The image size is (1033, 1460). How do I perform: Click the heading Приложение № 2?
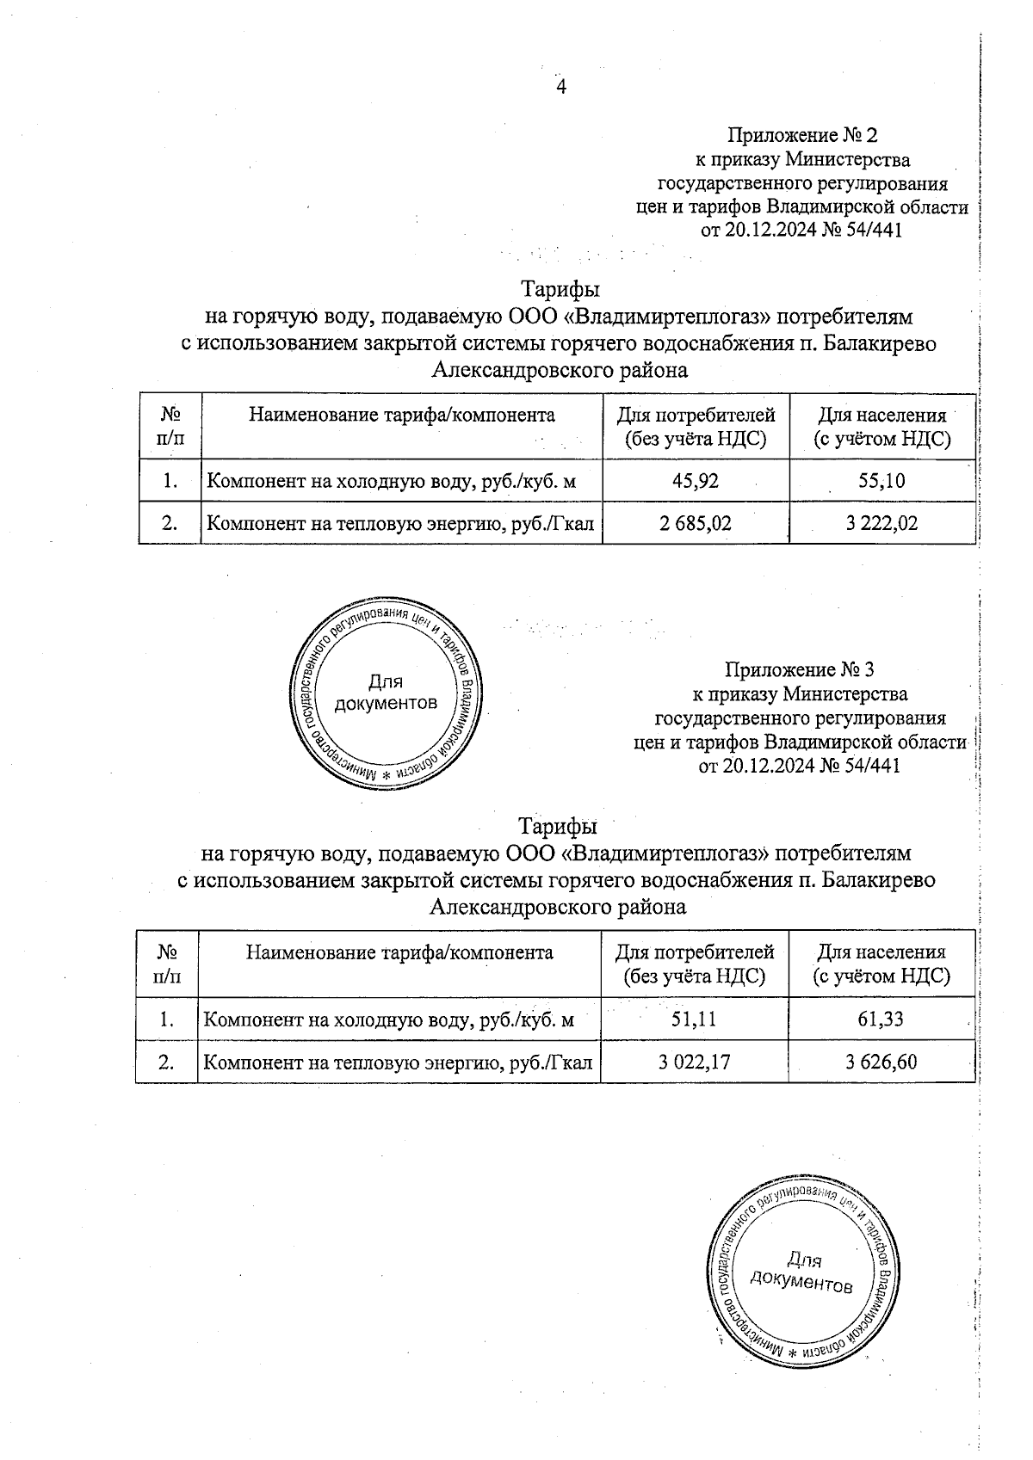click(801, 135)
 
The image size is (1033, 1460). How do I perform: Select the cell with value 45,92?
click(695, 480)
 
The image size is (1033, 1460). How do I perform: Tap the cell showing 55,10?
click(881, 480)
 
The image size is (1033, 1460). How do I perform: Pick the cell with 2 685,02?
click(696, 522)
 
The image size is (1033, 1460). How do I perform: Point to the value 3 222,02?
click(881, 522)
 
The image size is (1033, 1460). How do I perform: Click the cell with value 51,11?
click(694, 1020)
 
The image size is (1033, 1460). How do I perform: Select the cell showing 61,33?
click(881, 1020)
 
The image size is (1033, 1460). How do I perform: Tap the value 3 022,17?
click(695, 1062)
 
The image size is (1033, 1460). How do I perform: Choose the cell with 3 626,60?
click(881, 1062)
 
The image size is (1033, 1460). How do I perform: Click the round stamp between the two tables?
click(385, 693)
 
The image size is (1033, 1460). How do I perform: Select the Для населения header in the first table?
click(881, 428)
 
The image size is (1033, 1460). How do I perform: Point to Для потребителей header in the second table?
click(694, 964)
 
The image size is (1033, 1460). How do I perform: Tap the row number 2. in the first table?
click(170, 522)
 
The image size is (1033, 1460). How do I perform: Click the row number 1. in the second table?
click(167, 1020)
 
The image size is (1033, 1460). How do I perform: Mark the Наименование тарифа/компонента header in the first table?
click(402, 416)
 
